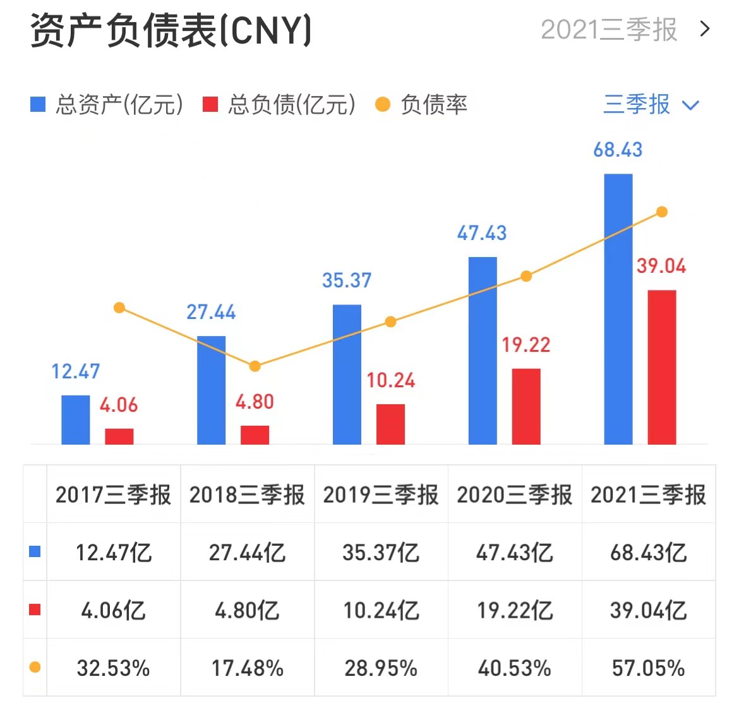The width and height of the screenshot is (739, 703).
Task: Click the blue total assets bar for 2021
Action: tap(618, 309)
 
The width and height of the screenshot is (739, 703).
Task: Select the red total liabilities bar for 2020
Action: tap(526, 407)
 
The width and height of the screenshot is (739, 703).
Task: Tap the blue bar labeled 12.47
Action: tap(75, 420)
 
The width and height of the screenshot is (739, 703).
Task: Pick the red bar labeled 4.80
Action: tap(255, 435)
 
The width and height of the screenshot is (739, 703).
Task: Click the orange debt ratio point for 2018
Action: tap(255, 366)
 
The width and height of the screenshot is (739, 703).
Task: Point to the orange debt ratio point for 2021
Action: tap(662, 212)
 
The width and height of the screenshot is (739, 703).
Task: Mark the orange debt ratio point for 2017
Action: tap(119, 308)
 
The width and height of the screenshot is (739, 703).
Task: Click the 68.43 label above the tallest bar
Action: tap(618, 150)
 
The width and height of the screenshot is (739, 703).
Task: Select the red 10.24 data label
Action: tap(391, 380)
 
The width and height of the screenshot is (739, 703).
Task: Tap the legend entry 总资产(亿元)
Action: tap(107, 105)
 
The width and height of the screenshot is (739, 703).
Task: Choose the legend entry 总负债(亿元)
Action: tap(279, 105)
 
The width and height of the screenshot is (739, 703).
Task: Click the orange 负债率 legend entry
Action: tap(421, 105)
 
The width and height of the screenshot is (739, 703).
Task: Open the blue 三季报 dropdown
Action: tap(651, 105)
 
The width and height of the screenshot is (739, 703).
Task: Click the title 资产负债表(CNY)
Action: tap(171, 30)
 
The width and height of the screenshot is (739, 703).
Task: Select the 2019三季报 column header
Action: tap(381, 495)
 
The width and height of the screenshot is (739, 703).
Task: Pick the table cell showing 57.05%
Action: tap(648, 668)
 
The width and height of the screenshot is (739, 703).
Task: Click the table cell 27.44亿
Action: tap(247, 553)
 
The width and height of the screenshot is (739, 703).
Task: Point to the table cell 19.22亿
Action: tap(515, 611)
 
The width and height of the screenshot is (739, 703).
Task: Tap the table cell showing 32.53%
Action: tap(113, 668)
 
